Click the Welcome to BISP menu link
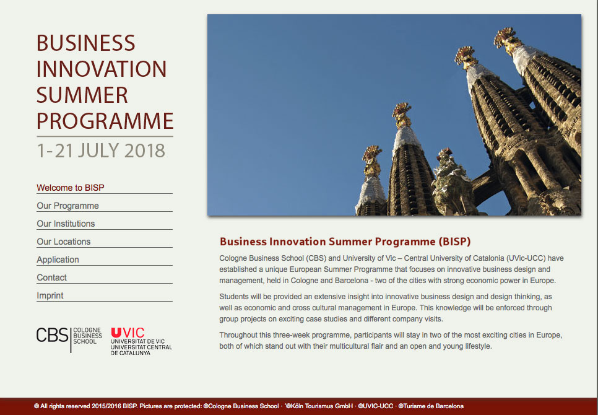pos(71,188)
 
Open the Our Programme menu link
pos(68,206)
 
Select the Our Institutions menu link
pos(66,224)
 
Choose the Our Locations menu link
pos(64,242)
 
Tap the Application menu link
pos(58,260)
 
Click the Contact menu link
pos(51,277)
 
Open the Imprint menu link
pos(50,295)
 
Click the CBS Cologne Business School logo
pos(69,339)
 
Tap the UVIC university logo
pos(142,341)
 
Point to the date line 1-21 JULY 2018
pos(101,151)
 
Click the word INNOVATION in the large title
pos(102,69)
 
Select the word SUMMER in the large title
pos(82,95)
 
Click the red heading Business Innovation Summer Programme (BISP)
pos(345,242)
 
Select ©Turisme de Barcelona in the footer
pos(431,406)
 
